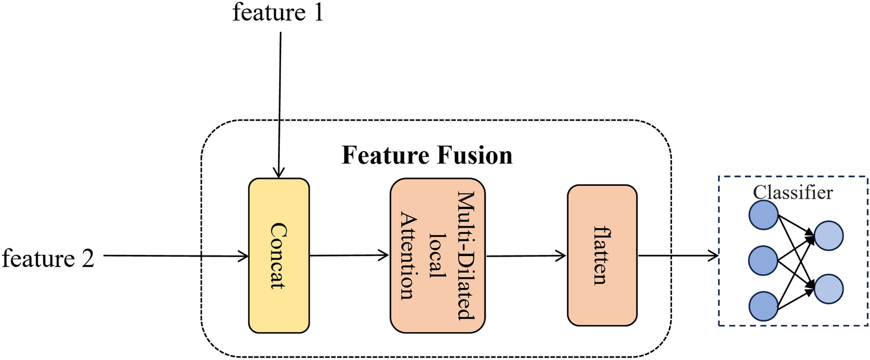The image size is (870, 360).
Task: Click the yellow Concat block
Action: coord(279,255)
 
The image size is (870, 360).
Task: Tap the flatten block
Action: coord(602,255)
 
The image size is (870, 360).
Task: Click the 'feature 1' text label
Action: coord(278,13)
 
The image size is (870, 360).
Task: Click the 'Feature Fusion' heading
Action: coord(427,155)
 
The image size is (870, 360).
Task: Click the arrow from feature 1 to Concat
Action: coord(279,105)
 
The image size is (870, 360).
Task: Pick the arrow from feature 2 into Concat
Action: coord(174,255)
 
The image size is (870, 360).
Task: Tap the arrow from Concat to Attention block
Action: coord(348,255)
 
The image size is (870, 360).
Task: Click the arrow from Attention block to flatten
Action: coord(526,255)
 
